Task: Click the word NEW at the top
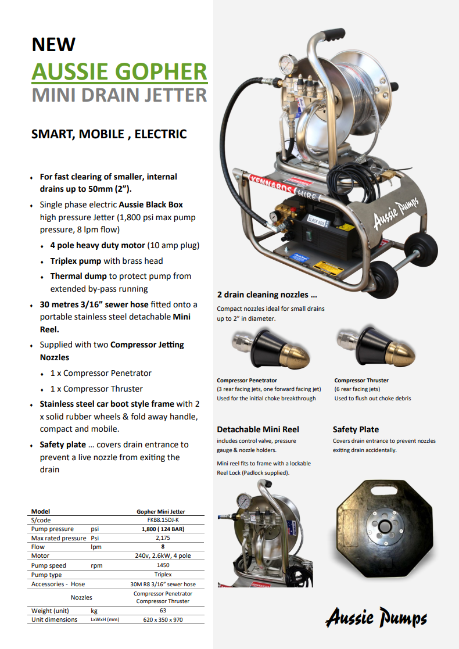[53, 44]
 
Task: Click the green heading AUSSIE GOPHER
[119, 71]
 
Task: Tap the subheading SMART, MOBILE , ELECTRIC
[109, 134]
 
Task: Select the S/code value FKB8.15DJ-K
[160, 520]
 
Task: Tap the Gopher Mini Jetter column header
[160, 512]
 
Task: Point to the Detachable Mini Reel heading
[258, 429]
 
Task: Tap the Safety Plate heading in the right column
[356, 429]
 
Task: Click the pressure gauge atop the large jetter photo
[286, 65]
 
